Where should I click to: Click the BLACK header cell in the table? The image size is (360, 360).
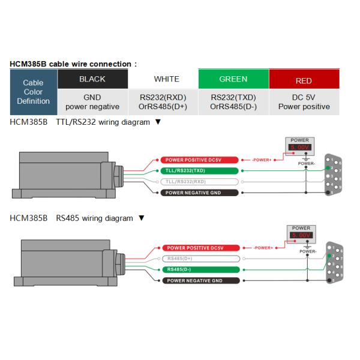click(92, 79)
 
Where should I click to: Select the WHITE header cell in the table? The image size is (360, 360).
click(166, 79)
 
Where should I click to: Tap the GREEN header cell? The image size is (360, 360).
click(233, 79)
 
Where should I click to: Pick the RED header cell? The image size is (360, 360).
click(304, 80)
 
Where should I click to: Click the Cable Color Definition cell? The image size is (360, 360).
click(34, 92)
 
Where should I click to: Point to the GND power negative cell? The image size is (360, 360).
click(92, 102)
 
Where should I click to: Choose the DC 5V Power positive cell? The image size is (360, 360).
click(304, 102)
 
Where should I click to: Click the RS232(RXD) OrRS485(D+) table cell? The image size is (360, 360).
click(163, 102)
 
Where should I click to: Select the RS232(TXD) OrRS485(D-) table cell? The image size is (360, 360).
click(233, 102)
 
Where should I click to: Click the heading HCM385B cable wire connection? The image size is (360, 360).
click(74, 64)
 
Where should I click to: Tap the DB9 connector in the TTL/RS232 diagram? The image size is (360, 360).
click(334, 176)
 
